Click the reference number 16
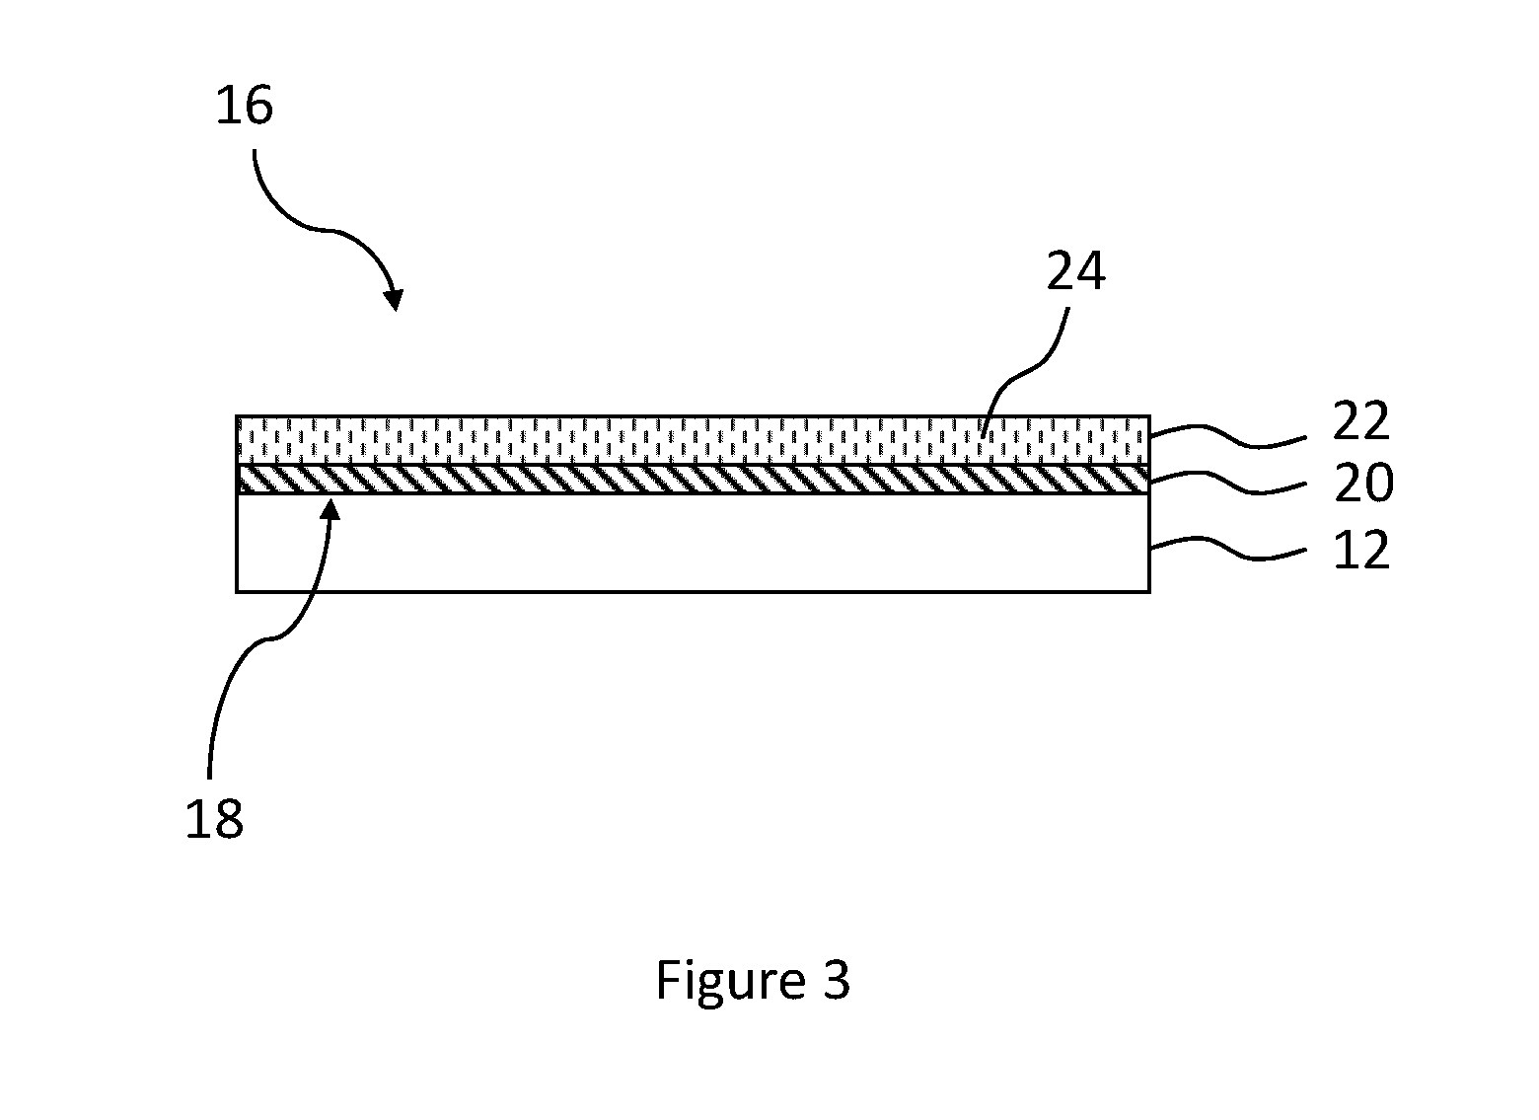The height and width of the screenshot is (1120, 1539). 245,106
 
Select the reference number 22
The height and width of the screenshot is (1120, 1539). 1361,420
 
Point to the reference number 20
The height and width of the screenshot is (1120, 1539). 1363,483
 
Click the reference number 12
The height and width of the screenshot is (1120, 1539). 1361,551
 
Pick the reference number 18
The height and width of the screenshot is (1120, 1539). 214,818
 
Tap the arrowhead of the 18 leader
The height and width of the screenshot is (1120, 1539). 331,509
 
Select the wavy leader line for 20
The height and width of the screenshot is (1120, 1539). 1228,482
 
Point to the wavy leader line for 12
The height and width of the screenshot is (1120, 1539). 1228,549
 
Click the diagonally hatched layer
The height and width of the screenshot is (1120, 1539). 693,479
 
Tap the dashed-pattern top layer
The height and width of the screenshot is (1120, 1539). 693,440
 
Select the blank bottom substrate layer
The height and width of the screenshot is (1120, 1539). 693,543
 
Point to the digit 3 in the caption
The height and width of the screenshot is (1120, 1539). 837,980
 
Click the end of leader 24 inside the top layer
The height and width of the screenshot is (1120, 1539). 983,437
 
